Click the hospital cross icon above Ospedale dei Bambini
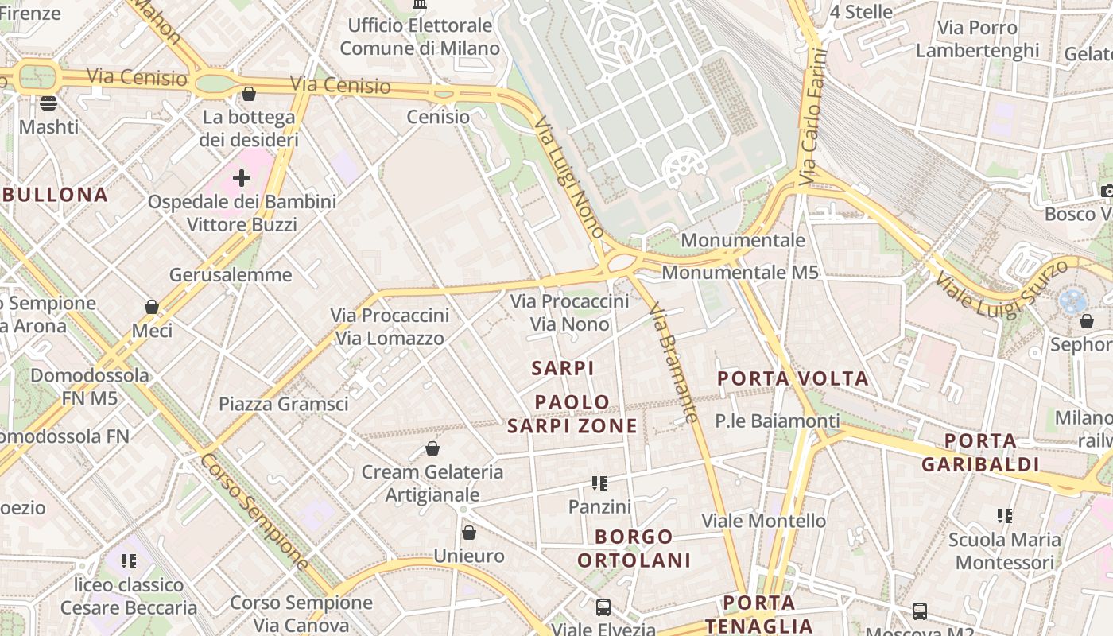242,178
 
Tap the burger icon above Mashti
48,103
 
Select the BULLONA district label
54,195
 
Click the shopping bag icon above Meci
152,307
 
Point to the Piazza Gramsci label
284,404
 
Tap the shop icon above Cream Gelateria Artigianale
432,449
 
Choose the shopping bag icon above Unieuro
469,533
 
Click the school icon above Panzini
599,483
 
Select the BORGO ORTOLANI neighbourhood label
634,549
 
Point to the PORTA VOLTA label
793,378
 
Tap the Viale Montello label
763,521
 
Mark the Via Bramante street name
673,361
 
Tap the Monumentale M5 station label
739,273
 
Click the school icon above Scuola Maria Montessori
1005,516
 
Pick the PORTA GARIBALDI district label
980,452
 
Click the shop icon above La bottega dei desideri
249,95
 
